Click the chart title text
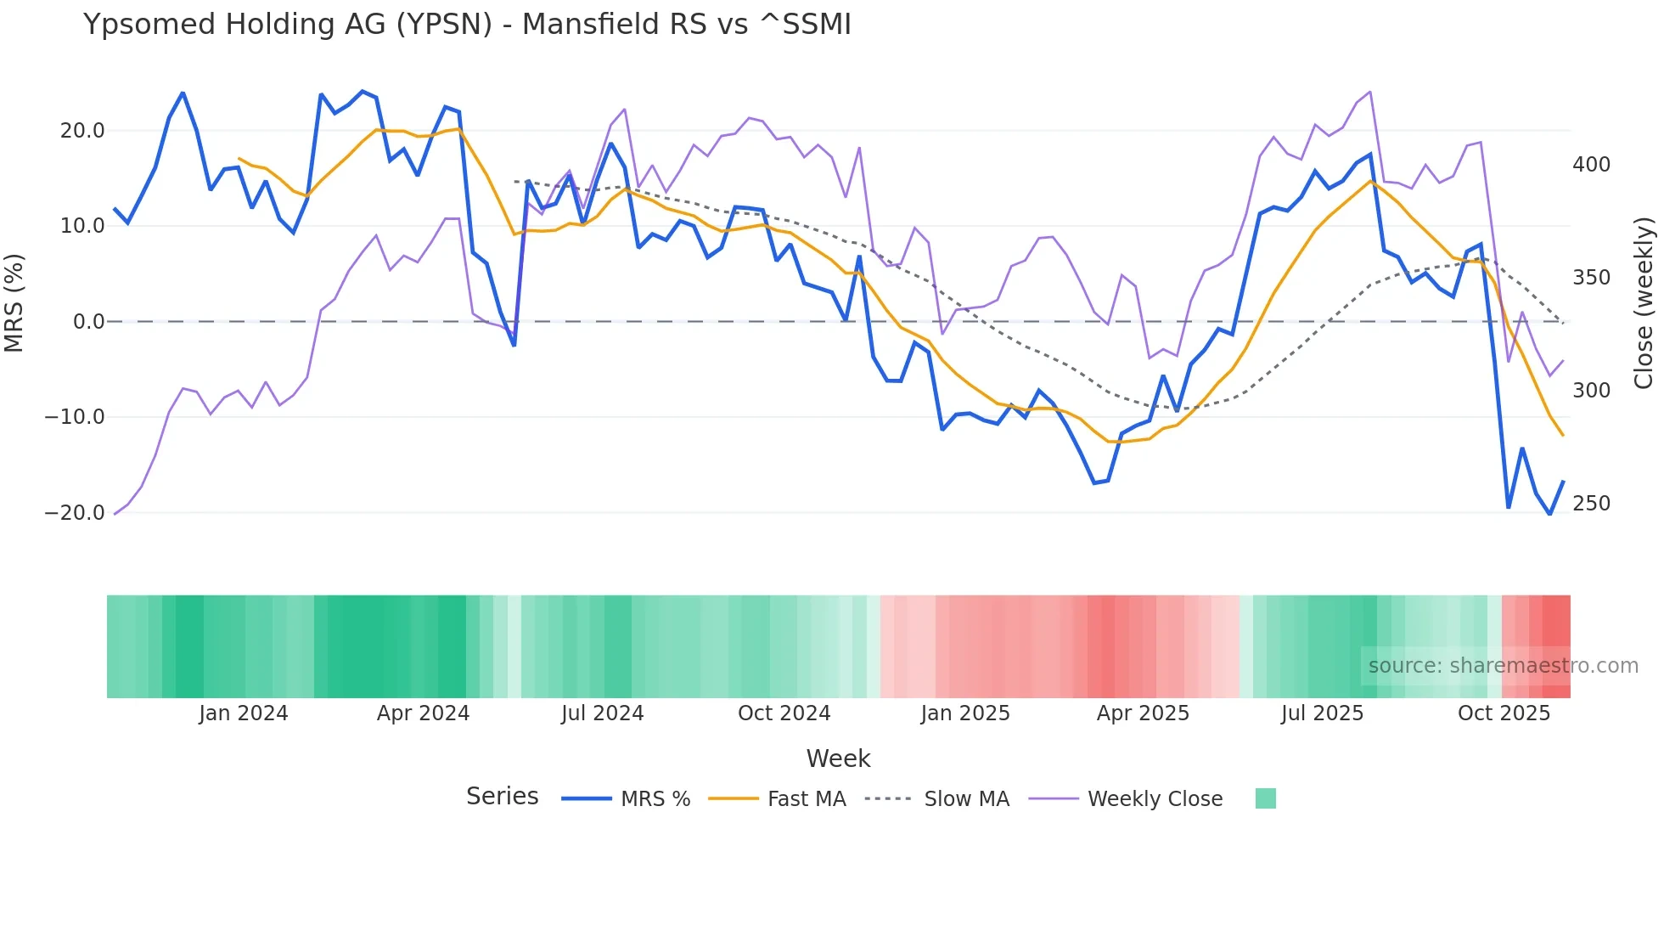(467, 25)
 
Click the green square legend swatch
(1265, 798)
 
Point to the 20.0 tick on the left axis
(82, 131)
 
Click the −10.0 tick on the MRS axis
(75, 417)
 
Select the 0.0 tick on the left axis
(89, 322)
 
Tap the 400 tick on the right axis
(1591, 165)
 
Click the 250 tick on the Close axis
(1591, 504)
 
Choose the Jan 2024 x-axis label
(244, 713)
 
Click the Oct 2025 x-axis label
(1504, 713)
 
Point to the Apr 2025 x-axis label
(1143, 713)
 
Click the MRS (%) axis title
(14, 302)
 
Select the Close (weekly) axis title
(1644, 302)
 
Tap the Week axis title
(838, 758)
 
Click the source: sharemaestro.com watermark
(1503, 666)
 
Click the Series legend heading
(502, 797)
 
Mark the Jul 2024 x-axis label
(603, 713)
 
